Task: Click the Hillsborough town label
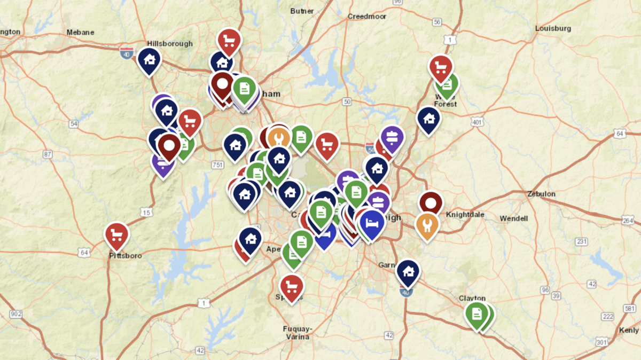pos(170,44)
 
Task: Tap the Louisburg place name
pos(553,28)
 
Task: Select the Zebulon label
pos(541,194)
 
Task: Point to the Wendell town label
pos(514,218)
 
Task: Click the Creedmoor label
pos(366,16)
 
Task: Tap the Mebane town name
pos(80,32)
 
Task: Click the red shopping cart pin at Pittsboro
pos(117,234)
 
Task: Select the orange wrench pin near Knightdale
pos(427,224)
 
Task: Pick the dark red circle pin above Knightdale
pos(431,202)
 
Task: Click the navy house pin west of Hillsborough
pos(149,59)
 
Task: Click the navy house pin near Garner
pos(408,271)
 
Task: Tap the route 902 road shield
pos(16,315)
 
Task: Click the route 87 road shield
pos(48,154)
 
